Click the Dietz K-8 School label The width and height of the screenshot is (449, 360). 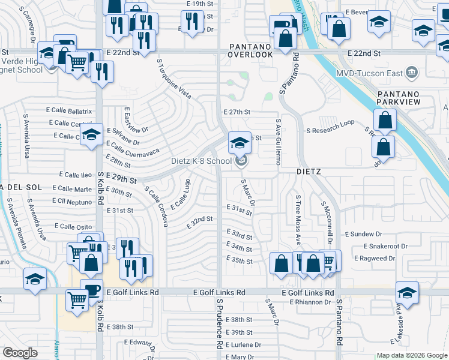pyautogui.click(x=201, y=161)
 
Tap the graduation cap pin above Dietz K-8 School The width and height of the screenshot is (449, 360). pyautogui.click(x=240, y=143)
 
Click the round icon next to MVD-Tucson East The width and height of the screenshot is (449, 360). pyautogui.click(x=412, y=73)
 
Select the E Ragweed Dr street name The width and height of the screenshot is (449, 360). pyautogui.click(x=375, y=258)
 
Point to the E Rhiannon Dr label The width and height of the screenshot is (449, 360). pyautogui.click(x=310, y=302)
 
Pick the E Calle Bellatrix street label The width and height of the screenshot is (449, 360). pyautogui.click(x=69, y=111)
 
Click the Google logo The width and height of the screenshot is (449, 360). pyautogui.click(x=20, y=352)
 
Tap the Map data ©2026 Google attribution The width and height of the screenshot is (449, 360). pyautogui.click(x=411, y=355)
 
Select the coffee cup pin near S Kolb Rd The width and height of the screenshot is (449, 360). pyautogui.click(x=91, y=290)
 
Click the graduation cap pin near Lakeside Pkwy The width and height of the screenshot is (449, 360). pyautogui.click(x=407, y=293)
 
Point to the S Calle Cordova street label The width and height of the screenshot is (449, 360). pyautogui.click(x=156, y=205)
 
